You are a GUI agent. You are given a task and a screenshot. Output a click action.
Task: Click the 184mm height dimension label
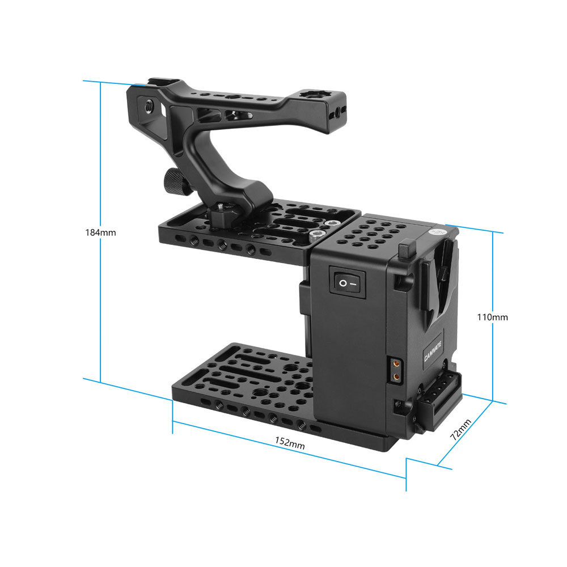100,232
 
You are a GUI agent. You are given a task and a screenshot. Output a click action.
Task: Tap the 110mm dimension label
493,317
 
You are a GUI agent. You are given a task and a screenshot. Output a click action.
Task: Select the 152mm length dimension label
290,443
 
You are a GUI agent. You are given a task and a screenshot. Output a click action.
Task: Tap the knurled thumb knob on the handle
171,181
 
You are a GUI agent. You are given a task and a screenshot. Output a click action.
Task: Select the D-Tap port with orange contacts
395,369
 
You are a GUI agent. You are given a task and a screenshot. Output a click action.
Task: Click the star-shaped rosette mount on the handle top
310,94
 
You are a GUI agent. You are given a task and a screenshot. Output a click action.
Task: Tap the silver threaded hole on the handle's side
149,105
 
